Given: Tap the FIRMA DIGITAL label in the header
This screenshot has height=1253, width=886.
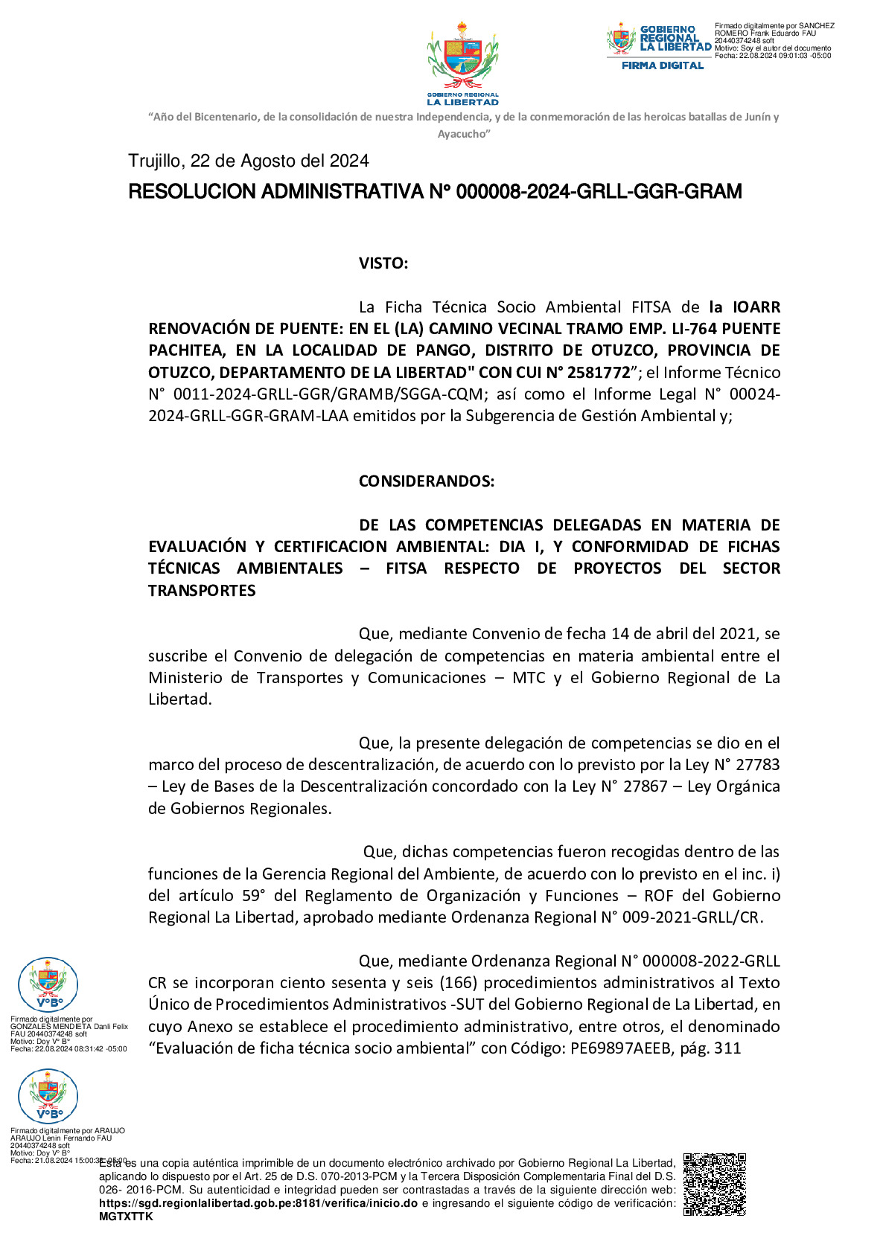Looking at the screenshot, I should (663, 65).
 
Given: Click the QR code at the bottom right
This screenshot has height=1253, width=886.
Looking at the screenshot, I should (714, 1184).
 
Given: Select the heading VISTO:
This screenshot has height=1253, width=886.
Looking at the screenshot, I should (383, 263).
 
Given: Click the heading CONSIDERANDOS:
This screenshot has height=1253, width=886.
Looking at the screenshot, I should (426, 481).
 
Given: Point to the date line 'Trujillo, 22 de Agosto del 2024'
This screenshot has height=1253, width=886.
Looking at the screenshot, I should (248, 161).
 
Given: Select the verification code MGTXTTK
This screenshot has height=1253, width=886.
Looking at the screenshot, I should (126, 1217).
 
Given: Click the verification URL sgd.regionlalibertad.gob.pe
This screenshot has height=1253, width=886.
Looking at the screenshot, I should (258, 1203).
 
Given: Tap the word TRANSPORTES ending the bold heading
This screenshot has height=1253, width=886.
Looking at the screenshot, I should (202, 590).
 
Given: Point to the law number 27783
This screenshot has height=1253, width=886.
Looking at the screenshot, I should (757, 764).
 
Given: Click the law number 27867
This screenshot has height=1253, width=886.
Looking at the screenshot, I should (644, 786).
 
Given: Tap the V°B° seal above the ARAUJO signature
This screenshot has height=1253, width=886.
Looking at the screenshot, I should (48, 1096).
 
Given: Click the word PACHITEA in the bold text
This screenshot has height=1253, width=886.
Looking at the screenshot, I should (186, 350).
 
